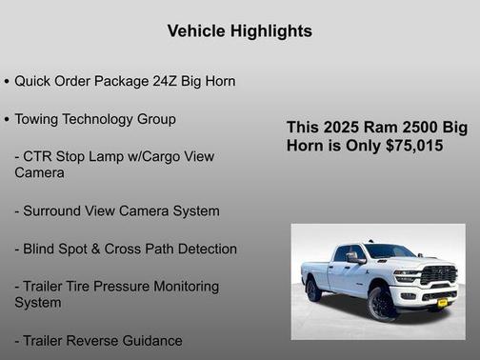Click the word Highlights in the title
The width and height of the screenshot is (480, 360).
[270, 31]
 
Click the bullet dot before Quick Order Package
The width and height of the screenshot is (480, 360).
[7, 82]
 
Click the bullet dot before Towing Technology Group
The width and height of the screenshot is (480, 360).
[7, 120]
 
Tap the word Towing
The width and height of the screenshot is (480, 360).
[38, 120]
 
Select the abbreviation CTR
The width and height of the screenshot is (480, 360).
[40, 156]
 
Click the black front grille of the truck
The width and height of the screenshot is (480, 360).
[439, 274]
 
